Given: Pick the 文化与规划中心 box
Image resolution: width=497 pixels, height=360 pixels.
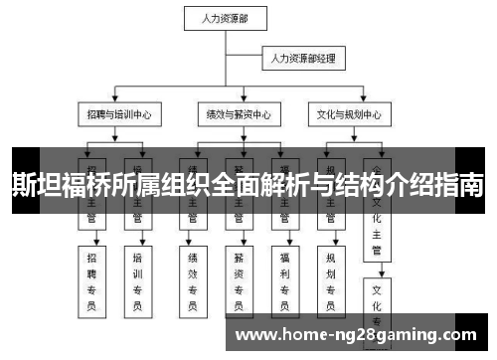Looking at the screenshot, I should point(350,115).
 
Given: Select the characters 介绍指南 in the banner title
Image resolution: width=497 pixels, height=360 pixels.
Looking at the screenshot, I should point(437,185).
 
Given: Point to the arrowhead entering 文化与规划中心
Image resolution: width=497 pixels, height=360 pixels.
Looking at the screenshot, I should point(350,101).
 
